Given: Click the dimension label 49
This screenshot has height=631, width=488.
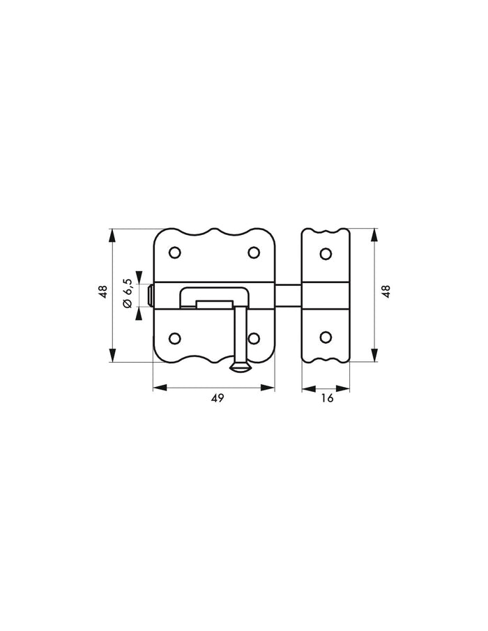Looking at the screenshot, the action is click(218, 398).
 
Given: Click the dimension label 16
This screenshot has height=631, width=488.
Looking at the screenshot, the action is click(328, 398).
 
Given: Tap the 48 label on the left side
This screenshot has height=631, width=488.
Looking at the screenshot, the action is click(104, 291).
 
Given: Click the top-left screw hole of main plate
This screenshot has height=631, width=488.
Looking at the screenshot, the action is click(174, 252).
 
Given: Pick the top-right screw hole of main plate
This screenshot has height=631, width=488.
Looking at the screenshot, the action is click(254, 252).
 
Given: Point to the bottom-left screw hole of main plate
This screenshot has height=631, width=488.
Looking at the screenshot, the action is click(174, 338).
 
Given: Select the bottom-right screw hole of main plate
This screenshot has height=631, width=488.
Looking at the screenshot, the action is click(254, 338).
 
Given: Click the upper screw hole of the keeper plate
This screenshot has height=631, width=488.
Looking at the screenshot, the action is click(326, 254).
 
